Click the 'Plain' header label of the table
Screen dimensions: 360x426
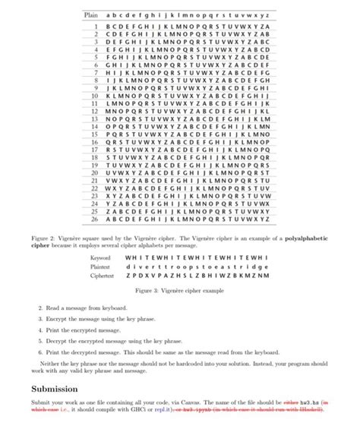coord(90,14)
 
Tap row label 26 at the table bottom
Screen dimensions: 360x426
coord(96,219)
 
